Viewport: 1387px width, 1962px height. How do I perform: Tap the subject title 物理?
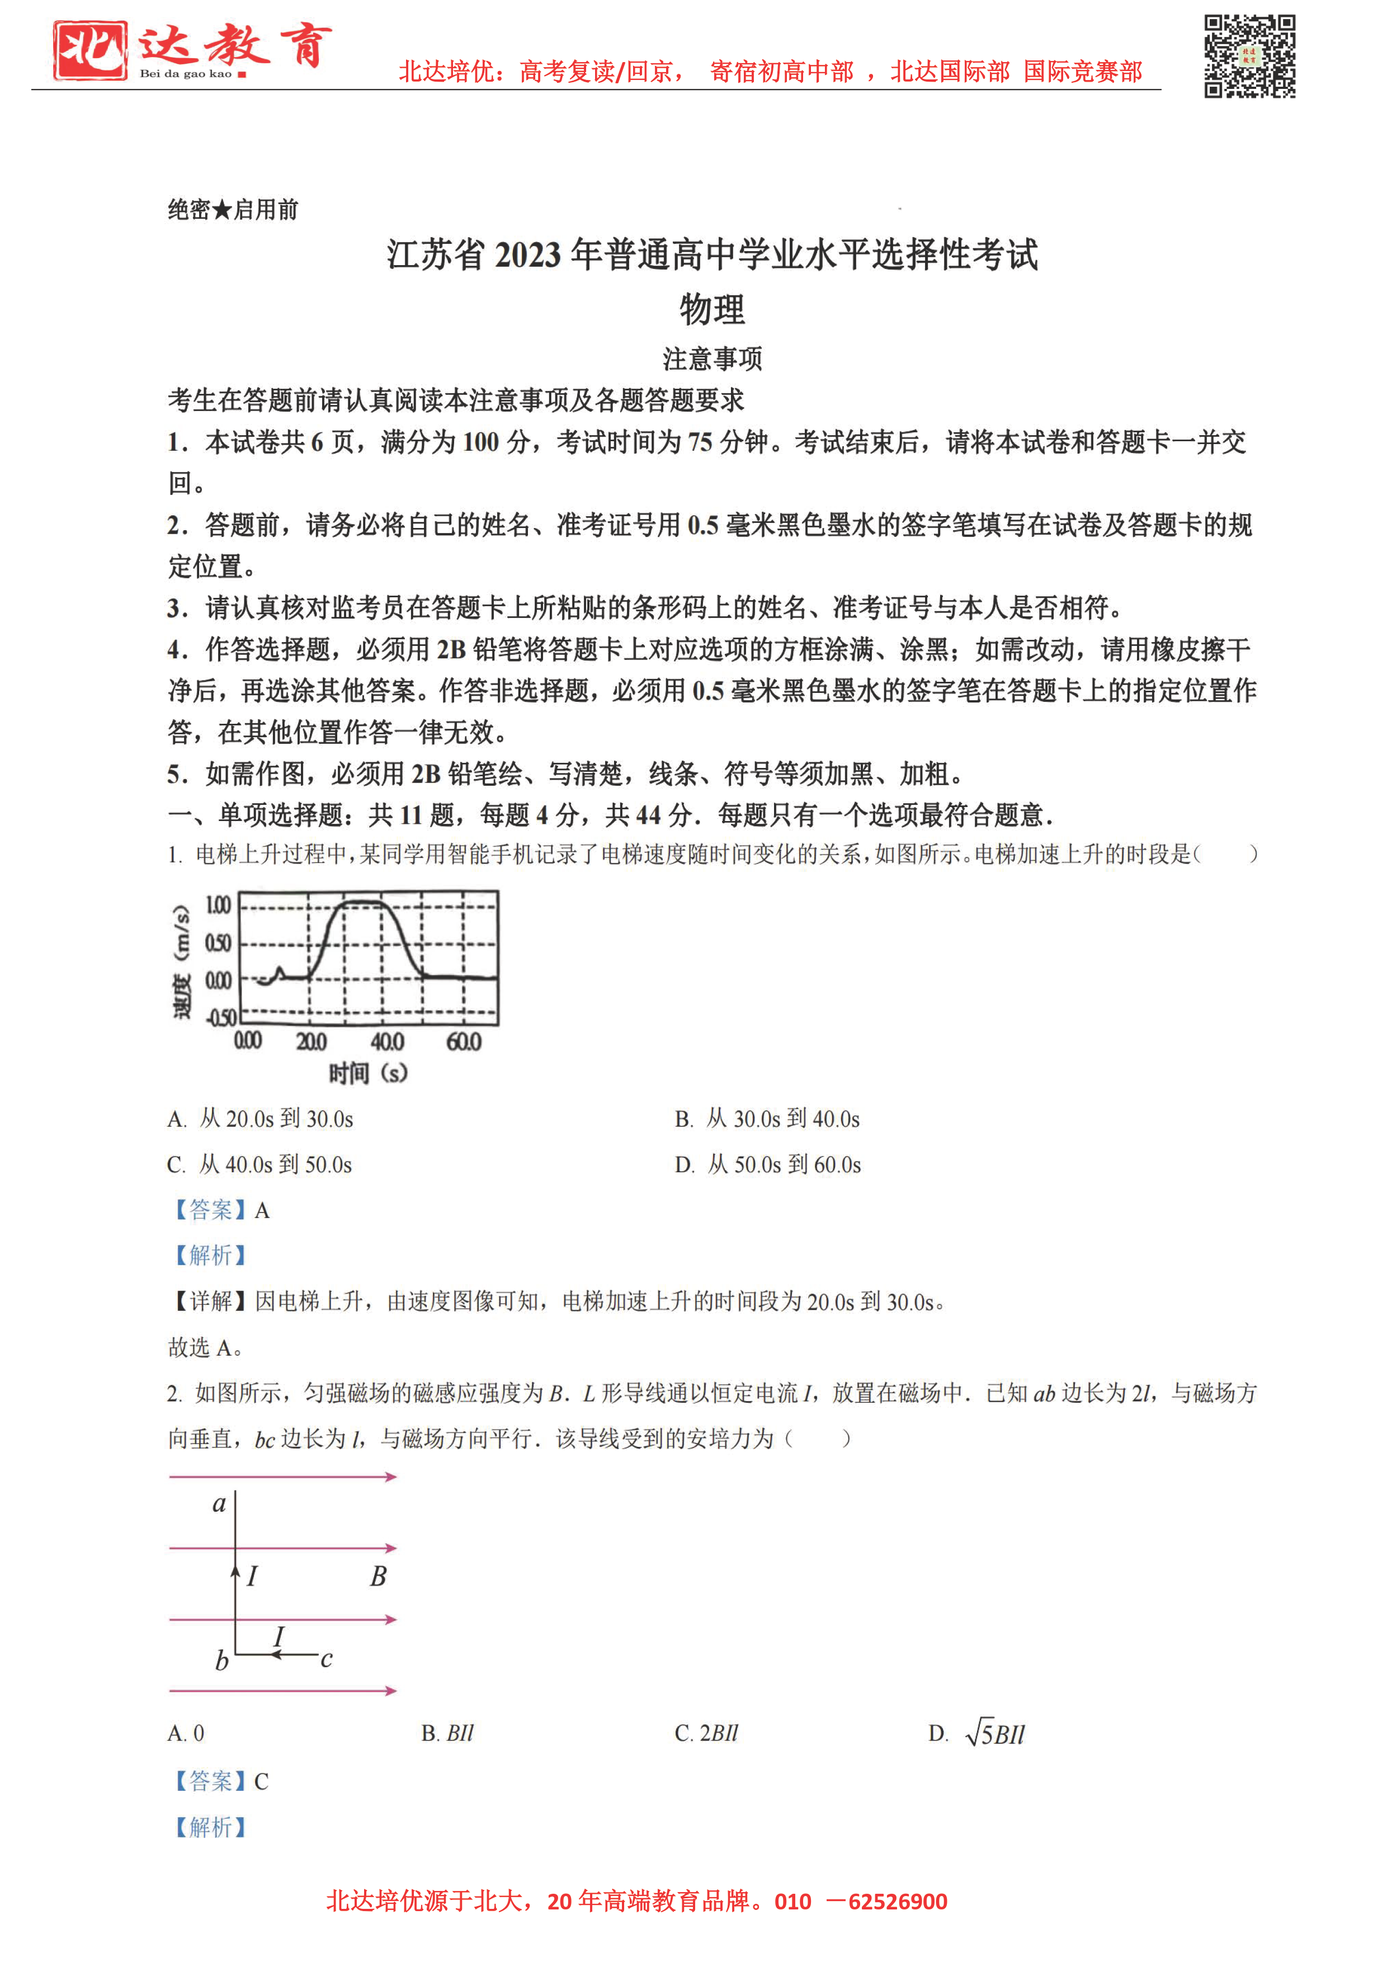coord(712,309)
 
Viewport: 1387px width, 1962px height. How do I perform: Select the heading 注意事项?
coord(712,359)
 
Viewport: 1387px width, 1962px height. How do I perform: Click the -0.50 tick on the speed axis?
coord(220,1017)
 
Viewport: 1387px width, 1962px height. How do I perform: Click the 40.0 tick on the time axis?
coord(387,1041)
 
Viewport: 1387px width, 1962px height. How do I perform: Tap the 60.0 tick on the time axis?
coord(464,1041)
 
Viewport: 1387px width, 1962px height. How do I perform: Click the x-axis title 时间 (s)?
coord(369,1073)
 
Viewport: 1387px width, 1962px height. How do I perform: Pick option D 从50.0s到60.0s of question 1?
coord(767,1164)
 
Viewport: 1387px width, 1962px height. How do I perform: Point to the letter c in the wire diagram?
coord(327,1659)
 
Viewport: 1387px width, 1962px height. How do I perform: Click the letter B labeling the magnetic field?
coord(378,1576)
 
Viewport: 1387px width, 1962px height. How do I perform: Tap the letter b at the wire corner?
coord(221,1661)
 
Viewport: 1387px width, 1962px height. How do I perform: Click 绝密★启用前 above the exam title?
coord(233,209)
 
